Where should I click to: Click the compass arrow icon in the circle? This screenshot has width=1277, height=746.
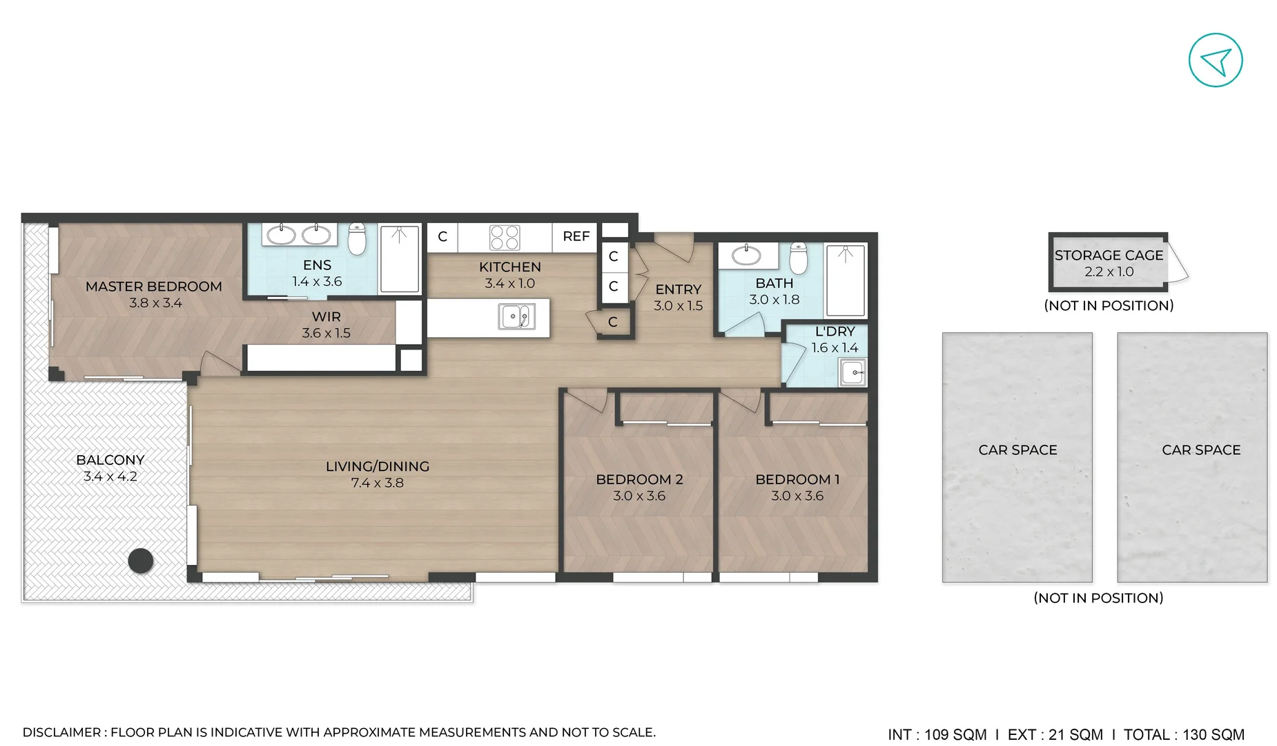coord(1216,60)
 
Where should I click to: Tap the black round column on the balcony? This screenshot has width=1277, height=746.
coord(141,560)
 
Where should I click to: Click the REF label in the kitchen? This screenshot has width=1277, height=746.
coord(576,236)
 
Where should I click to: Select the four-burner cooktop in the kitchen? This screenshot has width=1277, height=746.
coord(505,237)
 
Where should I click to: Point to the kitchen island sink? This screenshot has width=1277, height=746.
coord(516,317)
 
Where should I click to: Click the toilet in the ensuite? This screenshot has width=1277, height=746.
coord(357,239)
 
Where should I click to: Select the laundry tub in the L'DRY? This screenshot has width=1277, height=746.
coord(853,372)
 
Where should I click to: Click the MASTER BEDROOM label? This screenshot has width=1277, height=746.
coord(154,286)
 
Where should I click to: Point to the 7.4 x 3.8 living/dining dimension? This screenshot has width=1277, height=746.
coord(377,483)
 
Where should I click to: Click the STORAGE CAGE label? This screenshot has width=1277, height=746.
coord(1109,255)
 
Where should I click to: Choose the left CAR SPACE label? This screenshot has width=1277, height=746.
coord(1017,450)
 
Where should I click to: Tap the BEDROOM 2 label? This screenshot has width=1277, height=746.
coord(639,479)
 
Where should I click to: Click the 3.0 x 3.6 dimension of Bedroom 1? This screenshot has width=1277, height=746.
coord(797,496)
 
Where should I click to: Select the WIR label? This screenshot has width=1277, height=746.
coord(326,316)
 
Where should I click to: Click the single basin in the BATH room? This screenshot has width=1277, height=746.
coord(746,255)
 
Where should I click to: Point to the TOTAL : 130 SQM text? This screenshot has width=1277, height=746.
coord(1184,734)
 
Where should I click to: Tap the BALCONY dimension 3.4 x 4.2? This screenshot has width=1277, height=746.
coord(110,477)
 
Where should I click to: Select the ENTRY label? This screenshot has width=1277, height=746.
coord(678,289)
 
